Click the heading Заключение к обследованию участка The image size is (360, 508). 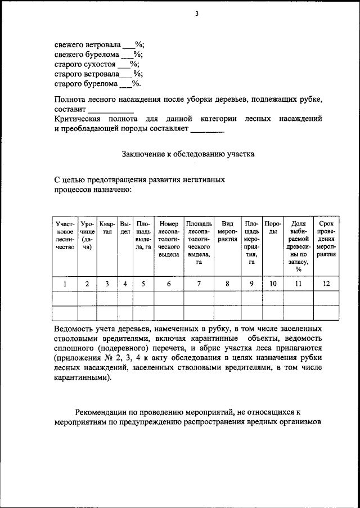188,152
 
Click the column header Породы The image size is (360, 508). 272,228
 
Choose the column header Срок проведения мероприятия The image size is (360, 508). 326,239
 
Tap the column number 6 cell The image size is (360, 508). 169,284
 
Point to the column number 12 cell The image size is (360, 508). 326,284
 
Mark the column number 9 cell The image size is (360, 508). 251,284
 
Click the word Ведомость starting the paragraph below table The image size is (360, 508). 75,327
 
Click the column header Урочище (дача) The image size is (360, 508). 87,235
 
